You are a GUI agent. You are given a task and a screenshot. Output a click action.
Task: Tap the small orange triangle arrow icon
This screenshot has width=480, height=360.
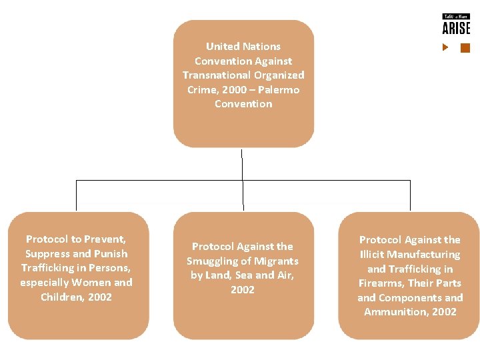pyautogui.click(x=446, y=47)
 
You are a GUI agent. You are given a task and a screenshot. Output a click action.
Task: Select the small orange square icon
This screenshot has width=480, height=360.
pyautogui.click(x=465, y=47)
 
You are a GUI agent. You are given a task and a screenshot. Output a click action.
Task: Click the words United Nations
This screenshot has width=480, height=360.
pyautogui.click(x=243, y=46)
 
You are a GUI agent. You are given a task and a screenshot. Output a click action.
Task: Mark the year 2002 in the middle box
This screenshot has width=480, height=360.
pyautogui.click(x=243, y=289)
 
